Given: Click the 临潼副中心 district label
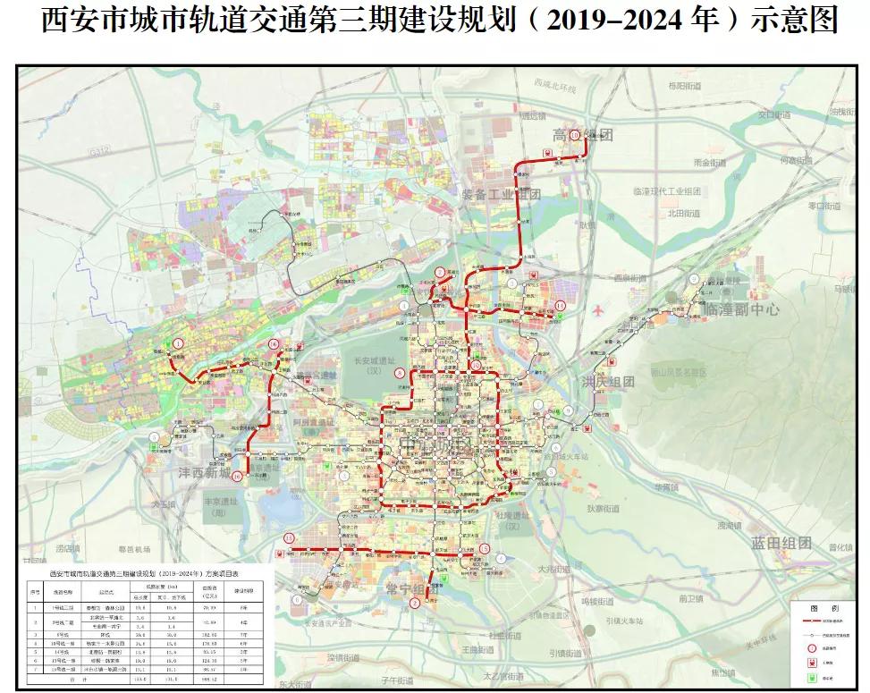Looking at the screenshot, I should [x=741, y=309].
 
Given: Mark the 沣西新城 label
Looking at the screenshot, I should [x=204, y=473].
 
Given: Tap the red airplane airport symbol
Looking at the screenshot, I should [x=597, y=309].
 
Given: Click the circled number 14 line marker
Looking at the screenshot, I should [x=561, y=306].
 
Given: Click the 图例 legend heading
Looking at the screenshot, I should [x=822, y=605].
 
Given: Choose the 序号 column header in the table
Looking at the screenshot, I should [x=35, y=591].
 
